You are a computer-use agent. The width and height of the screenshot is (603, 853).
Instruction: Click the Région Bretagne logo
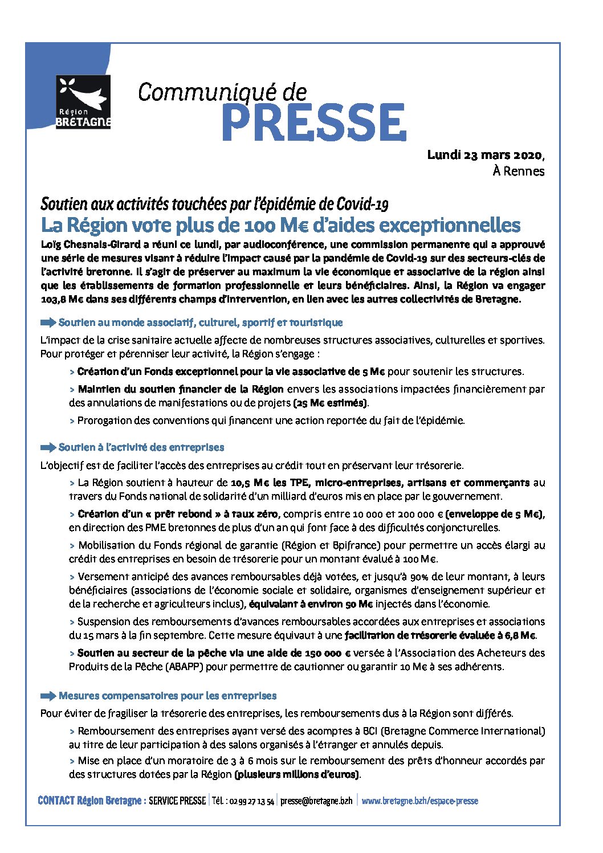tap(83, 101)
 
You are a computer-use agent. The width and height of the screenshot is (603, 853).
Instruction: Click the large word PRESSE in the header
tap(313, 123)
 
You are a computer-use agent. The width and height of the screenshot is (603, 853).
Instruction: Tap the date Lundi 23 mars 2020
tap(485, 154)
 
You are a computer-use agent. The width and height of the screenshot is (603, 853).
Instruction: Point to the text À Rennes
tap(518, 171)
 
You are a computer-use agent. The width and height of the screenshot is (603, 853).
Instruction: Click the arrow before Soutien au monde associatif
tap(48, 323)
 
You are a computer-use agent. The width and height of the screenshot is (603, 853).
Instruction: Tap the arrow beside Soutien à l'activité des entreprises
tap(48, 447)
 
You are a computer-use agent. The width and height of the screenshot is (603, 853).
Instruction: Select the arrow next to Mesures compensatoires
tap(48, 696)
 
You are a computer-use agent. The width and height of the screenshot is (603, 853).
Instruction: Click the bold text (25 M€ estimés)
tap(331, 403)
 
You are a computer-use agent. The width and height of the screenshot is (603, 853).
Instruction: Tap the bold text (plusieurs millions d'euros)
tap(297, 774)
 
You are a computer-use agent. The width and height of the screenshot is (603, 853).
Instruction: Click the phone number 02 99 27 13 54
tap(251, 801)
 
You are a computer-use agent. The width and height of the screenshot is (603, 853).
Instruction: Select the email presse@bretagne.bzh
tap(316, 801)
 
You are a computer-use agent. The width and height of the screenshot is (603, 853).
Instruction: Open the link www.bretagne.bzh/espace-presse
tap(420, 801)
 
